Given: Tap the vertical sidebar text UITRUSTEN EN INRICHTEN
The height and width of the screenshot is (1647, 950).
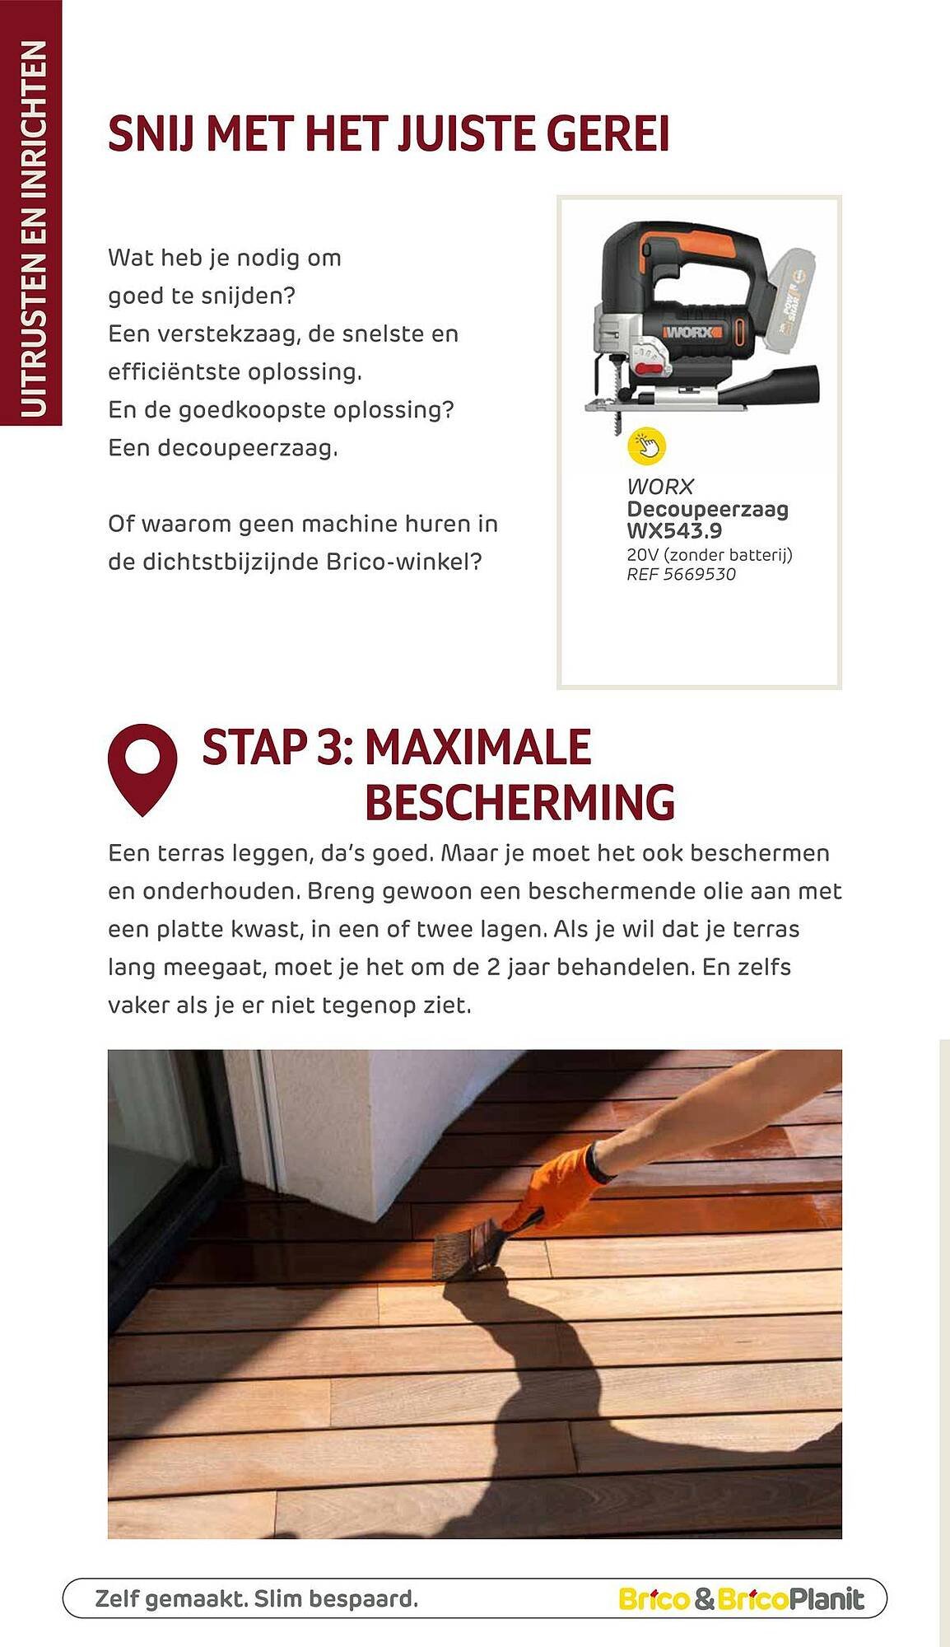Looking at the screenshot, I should [32, 229].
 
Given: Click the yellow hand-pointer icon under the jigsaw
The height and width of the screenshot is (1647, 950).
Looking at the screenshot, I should [647, 446].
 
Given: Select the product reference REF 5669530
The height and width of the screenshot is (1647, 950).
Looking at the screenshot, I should [681, 574].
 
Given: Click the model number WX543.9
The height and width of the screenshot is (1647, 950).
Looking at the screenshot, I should [674, 530].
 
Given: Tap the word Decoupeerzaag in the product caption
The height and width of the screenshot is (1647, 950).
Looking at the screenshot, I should [707, 509].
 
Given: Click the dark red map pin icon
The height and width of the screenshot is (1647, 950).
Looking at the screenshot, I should [142, 767].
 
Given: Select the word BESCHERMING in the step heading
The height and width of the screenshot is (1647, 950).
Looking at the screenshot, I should [519, 802].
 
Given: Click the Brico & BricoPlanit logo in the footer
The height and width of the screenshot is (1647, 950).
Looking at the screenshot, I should [741, 1599].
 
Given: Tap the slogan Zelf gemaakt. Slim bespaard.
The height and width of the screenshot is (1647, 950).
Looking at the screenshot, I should [257, 1599].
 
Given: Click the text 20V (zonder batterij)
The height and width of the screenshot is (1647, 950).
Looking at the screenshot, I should [709, 554].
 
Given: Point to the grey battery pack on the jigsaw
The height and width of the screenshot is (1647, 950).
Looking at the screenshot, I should [794, 301].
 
